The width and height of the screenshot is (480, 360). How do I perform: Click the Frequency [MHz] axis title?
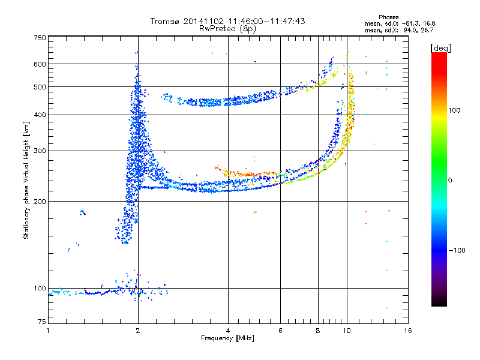pos(227,339)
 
